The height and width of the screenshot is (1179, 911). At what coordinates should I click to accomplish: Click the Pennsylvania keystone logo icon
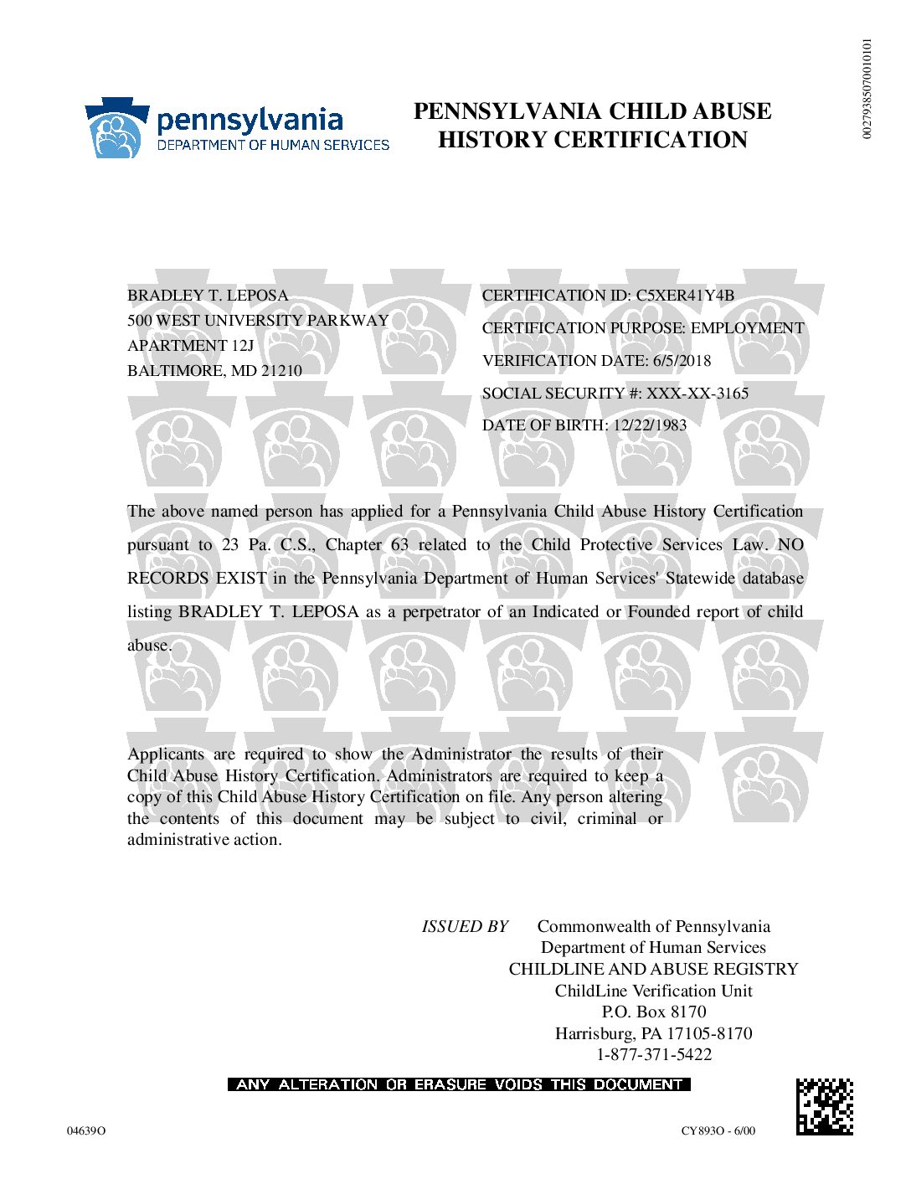pos(116,128)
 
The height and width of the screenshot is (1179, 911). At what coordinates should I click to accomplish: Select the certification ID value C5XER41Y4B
pos(685,296)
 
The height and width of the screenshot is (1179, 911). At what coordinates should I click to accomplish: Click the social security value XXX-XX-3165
pos(697,394)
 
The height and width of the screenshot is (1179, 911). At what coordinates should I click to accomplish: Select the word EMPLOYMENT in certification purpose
pos(747,328)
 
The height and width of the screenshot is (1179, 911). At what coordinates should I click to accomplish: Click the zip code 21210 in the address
pos(281,371)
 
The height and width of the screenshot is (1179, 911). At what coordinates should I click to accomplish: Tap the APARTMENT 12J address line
pos(190,346)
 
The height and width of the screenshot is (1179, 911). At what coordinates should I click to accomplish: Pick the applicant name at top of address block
pos(208,296)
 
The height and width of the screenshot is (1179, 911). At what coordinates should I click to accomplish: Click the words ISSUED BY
pos(465,927)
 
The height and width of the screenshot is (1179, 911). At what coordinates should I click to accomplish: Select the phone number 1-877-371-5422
pos(654,1055)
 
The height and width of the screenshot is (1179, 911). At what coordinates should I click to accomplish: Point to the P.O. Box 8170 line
pos(654,1012)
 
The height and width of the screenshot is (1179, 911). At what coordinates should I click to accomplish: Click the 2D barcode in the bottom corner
pos(824,1107)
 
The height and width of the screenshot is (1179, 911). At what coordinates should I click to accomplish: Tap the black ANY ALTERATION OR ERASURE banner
pos(459,1084)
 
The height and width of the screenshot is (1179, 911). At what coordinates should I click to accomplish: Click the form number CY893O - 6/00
pos(718,1131)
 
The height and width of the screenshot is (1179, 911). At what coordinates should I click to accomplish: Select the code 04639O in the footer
pos(86,1131)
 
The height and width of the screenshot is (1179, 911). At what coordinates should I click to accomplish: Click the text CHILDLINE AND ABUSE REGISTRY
pos(653,970)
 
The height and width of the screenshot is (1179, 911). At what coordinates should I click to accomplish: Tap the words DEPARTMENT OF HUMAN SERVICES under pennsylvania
pos(273,145)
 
